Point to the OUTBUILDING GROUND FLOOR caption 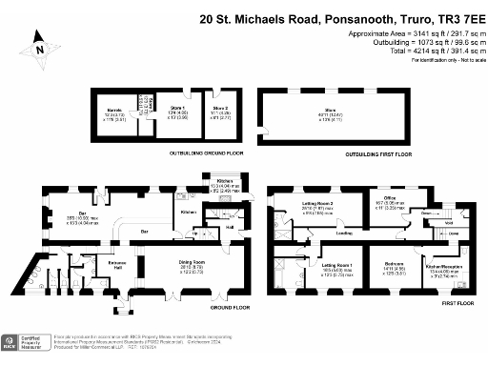pos(168,152)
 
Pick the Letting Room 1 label pos(336,264)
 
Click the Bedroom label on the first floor pos(394,264)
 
